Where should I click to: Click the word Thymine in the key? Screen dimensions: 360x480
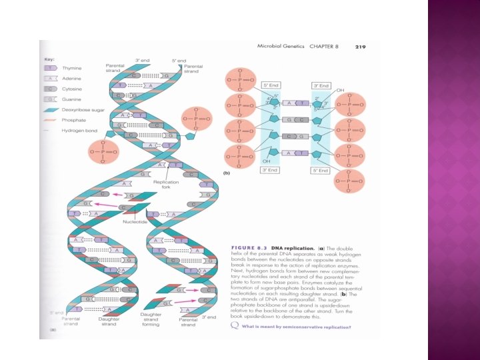point(71,68)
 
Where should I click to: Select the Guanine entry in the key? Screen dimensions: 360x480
point(71,98)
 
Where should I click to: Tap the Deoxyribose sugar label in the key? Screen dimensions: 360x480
point(81,109)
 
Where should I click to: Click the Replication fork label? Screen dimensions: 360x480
point(165,185)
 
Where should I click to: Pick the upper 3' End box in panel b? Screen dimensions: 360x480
point(321,85)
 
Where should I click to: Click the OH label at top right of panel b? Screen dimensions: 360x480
point(340,90)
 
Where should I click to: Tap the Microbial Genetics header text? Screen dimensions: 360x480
point(280,46)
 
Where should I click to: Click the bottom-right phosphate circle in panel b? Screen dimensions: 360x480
point(351,180)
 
